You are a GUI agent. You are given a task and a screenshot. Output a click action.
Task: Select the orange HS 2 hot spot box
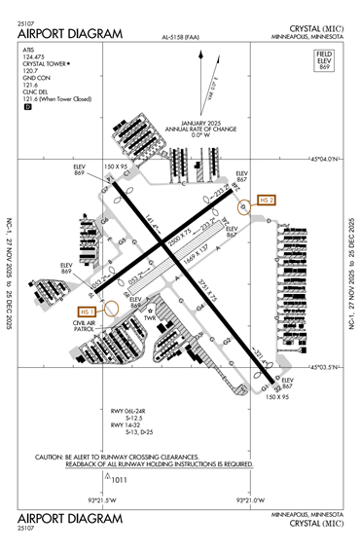pos(267,200)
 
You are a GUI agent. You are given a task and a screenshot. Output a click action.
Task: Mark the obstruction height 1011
pos(121,479)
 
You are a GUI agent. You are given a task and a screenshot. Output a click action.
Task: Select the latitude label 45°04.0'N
pos(323,158)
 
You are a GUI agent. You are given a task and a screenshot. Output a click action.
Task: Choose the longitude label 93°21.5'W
pos(101,500)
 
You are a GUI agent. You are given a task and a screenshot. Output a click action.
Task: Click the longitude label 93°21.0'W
pos(251,500)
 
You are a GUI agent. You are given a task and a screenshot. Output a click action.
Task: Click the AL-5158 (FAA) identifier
pos(182,38)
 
